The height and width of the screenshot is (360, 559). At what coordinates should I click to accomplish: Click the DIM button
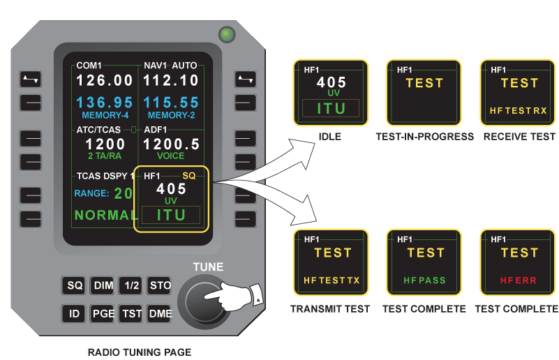pos(103,285)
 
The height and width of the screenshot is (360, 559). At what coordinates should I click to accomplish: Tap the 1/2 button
pos(130,285)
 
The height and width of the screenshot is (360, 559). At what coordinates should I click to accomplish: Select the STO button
pos(160,285)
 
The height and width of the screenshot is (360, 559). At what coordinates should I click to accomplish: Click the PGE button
pos(103,314)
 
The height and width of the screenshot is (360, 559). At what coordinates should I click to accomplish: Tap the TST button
pos(130,314)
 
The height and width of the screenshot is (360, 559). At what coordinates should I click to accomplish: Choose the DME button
pos(160,314)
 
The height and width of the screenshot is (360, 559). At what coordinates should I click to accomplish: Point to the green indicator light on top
pos(226,33)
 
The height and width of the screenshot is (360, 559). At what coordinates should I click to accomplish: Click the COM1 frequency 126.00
pos(104,81)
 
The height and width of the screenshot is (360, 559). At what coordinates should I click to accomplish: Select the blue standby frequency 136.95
pos(104,103)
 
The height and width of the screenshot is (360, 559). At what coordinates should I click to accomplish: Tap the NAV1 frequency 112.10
pos(172,81)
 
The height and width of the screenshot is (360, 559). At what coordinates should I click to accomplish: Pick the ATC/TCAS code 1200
pos(105,144)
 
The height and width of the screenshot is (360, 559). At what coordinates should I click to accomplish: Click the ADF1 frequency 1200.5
pos(172,144)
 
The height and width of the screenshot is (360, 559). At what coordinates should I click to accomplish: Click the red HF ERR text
pos(519,280)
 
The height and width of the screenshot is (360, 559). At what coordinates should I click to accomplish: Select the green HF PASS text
pos(425,280)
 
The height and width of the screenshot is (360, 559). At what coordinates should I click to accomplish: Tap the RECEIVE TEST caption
pos(519,137)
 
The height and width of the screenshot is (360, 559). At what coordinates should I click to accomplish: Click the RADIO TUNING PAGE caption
pos(140,352)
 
